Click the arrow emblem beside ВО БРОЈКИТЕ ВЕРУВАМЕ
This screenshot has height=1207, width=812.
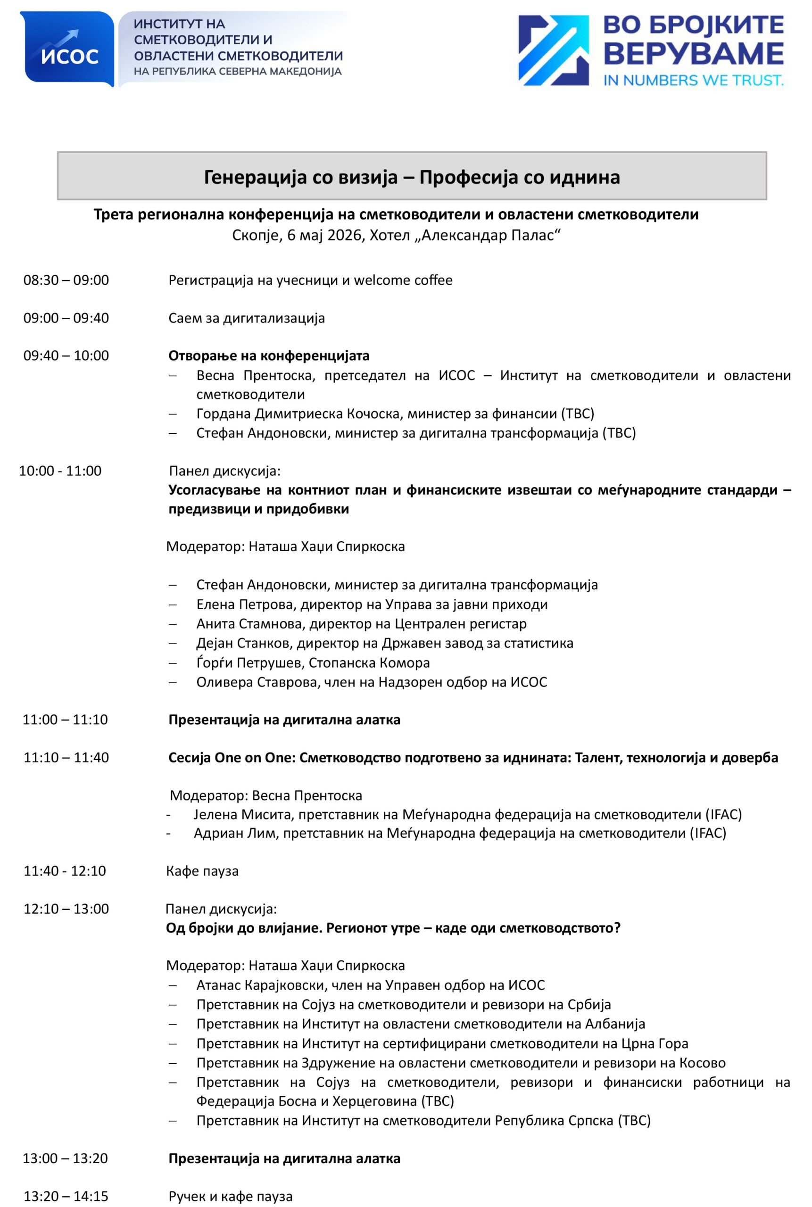553,50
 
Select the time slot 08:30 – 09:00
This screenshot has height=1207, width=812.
66,280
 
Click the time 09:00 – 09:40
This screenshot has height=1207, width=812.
66,318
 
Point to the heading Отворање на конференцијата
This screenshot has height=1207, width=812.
269,355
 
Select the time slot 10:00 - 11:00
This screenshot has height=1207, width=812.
60,471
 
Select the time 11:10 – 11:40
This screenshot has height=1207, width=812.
66,758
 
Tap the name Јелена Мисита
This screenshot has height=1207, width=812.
242,815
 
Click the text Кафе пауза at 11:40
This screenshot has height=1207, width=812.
202,871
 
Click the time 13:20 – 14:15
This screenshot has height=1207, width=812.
66,1196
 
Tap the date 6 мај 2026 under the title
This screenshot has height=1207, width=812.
324,236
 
